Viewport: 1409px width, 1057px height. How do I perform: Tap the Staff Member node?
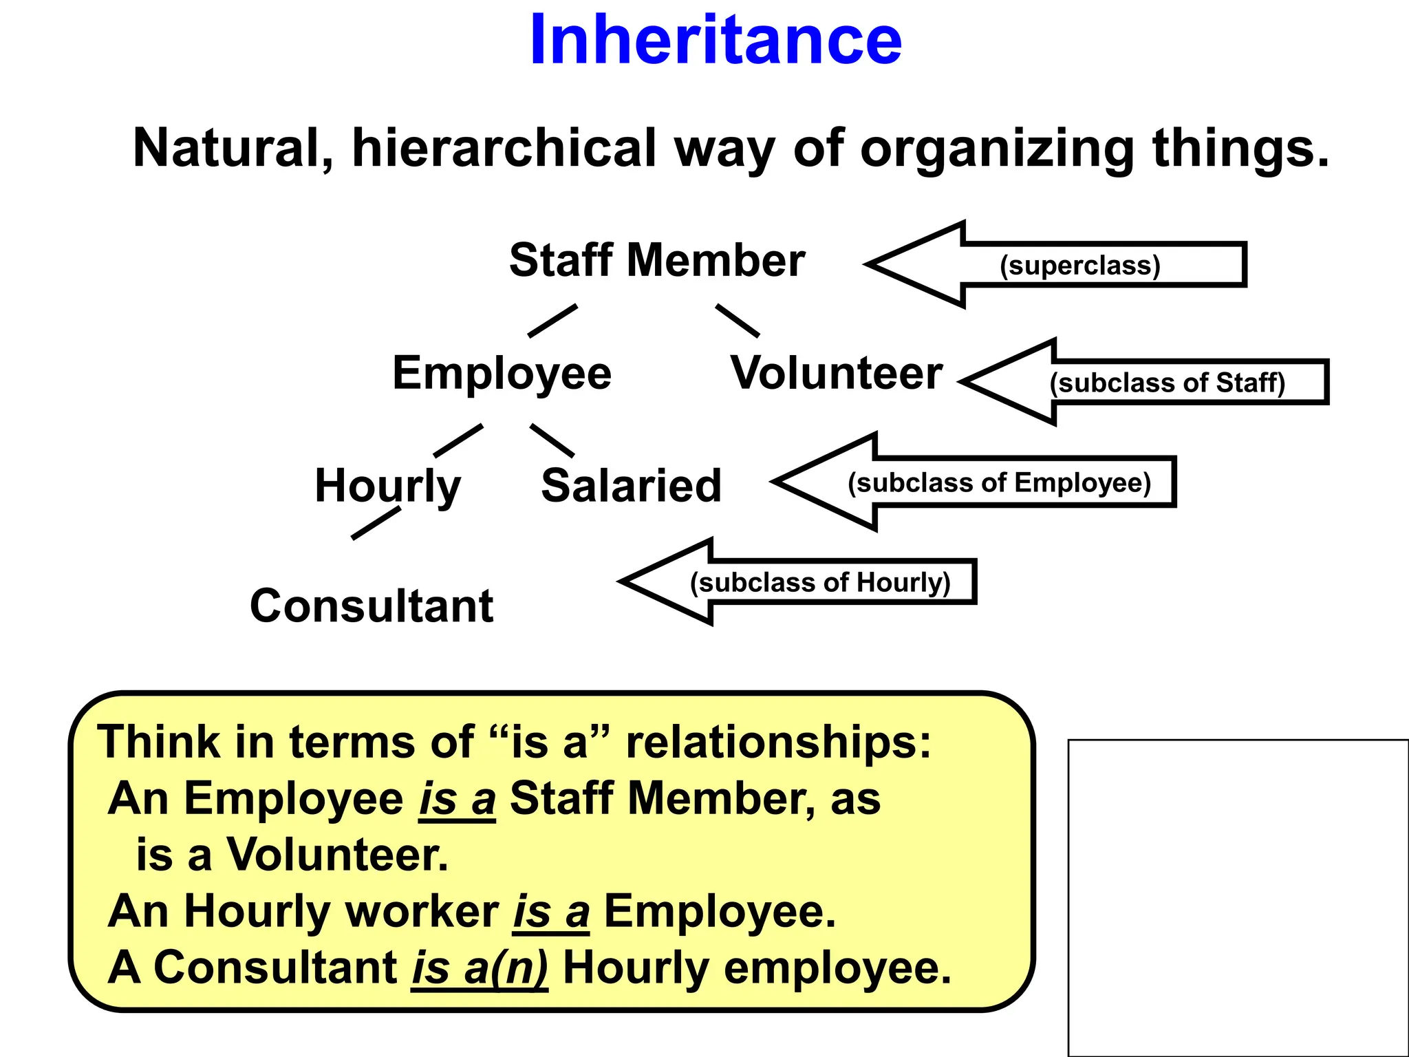click(657, 260)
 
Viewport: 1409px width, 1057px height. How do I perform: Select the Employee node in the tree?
click(502, 373)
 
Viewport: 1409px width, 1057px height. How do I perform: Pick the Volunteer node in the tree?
click(836, 373)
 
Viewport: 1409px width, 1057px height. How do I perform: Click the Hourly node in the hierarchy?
click(387, 486)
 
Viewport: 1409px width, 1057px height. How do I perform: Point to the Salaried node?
click(631, 486)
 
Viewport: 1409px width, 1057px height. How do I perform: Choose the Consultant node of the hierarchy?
click(372, 606)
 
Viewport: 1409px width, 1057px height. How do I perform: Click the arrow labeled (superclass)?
click(1079, 265)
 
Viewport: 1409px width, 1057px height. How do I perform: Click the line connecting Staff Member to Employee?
click(552, 321)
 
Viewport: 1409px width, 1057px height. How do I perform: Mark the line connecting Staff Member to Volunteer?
click(738, 321)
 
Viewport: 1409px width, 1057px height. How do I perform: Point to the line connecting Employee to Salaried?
click(552, 440)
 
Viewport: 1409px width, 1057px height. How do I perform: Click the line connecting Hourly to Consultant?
click(376, 523)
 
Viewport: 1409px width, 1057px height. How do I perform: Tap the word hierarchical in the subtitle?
click(504, 148)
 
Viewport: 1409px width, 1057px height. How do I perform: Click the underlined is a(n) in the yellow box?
click(480, 968)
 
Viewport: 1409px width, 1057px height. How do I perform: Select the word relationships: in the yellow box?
click(778, 742)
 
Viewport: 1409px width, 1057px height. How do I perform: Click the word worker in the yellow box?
click(421, 911)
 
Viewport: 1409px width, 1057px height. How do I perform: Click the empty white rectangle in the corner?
click(1238, 897)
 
